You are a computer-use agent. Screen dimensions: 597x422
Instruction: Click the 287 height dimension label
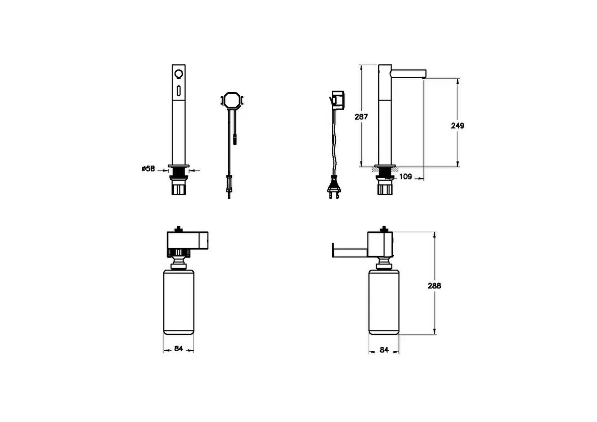point(361,117)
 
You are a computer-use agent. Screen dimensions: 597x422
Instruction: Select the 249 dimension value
point(457,126)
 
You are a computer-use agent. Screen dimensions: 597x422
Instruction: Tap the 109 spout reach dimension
point(405,176)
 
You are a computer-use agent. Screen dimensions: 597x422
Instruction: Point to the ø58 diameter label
point(148,169)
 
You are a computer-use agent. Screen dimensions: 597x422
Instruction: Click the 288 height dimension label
point(434,285)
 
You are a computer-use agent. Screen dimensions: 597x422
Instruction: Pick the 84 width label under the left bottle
point(179,348)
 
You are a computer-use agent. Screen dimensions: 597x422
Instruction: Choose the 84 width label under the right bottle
point(384,350)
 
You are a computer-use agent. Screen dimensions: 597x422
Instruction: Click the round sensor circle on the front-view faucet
point(179,73)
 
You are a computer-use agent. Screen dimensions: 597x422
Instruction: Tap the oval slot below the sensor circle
point(179,91)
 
